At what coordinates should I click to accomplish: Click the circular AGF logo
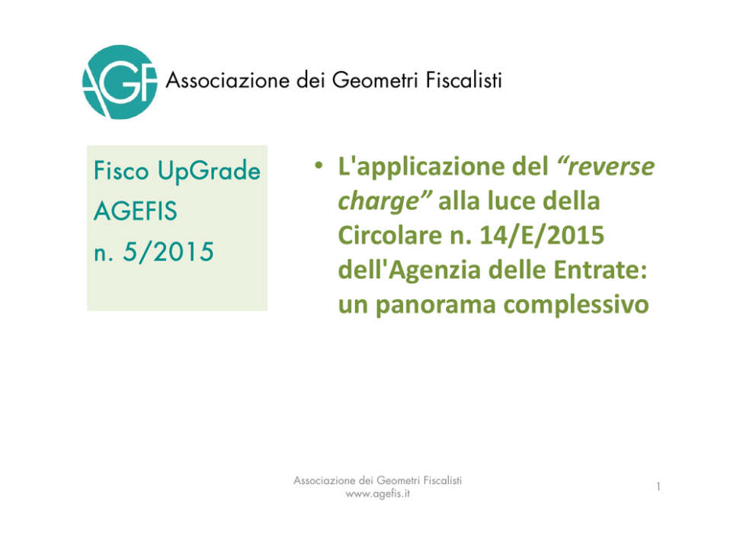point(120,82)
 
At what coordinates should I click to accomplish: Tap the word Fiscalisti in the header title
point(464,79)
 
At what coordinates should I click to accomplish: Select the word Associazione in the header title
point(228,80)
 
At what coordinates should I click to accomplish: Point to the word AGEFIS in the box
point(136,211)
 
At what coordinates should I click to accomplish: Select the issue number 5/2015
point(168,252)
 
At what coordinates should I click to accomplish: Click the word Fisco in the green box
point(121,171)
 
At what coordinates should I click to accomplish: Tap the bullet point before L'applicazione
point(319,166)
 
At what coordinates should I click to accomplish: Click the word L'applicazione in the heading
point(443,167)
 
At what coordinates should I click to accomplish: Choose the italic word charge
point(385,201)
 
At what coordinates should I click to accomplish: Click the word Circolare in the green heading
point(389,235)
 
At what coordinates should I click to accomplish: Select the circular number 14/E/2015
point(542,236)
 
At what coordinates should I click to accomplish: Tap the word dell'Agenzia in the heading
point(412,270)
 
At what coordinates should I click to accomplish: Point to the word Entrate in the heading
point(600,270)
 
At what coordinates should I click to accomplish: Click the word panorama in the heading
point(435,305)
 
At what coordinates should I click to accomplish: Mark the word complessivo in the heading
point(576,305)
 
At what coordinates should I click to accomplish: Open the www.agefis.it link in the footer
point(378,494)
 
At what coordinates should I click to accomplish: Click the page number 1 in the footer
point(658,487)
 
